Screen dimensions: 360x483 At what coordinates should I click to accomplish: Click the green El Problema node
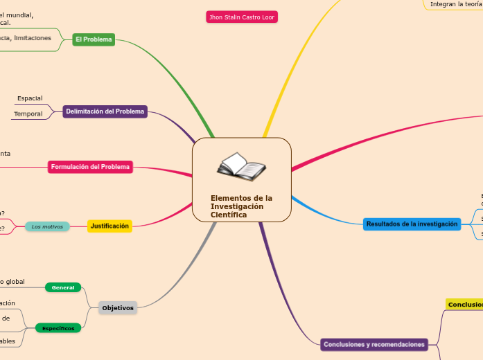point(94,39)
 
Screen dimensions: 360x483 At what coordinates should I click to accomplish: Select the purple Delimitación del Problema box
point(105,111)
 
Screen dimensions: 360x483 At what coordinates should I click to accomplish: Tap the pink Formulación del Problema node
point(90,167)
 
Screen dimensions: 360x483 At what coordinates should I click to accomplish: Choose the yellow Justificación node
point(109,226)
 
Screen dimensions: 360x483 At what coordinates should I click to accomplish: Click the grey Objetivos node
point(118,307)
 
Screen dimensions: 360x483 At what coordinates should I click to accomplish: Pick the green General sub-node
point(63,287)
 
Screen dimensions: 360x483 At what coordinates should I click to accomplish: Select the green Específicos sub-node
point(58,328)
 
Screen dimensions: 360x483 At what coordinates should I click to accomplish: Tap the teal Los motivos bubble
point(47,226)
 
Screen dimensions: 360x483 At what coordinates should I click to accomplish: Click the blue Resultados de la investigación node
point(412,224)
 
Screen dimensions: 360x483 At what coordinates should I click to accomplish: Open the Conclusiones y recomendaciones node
point(375,344)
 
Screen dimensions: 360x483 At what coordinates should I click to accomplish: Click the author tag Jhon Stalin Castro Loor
point(242,17)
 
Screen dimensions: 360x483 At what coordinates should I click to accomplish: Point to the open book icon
point(241,167)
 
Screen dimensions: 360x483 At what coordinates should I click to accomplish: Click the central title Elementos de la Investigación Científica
point(241,206)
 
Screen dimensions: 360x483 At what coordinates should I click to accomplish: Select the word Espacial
point(30,98)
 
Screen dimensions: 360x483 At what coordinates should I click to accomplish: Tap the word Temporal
point(28,114)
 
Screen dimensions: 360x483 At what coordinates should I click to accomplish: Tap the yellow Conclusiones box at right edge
point(465,305)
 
